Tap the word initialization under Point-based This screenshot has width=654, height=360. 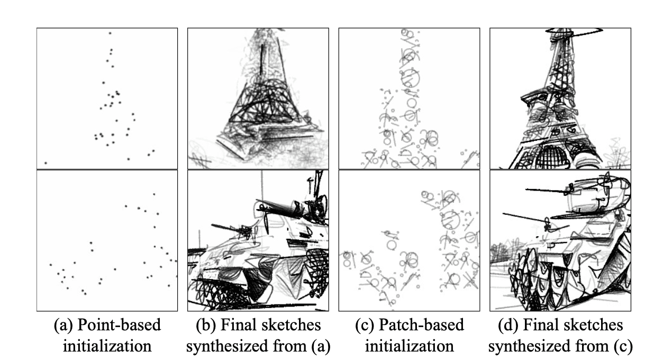[x=107, y=346]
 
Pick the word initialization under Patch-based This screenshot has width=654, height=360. [x=409, y=346]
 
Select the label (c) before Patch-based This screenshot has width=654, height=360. [x=366, y=325]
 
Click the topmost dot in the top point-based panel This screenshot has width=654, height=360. [x=110, y=33]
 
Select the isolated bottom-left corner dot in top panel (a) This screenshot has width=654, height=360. [x=46, y=163]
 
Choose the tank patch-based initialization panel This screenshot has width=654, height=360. [x=409, y=240]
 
